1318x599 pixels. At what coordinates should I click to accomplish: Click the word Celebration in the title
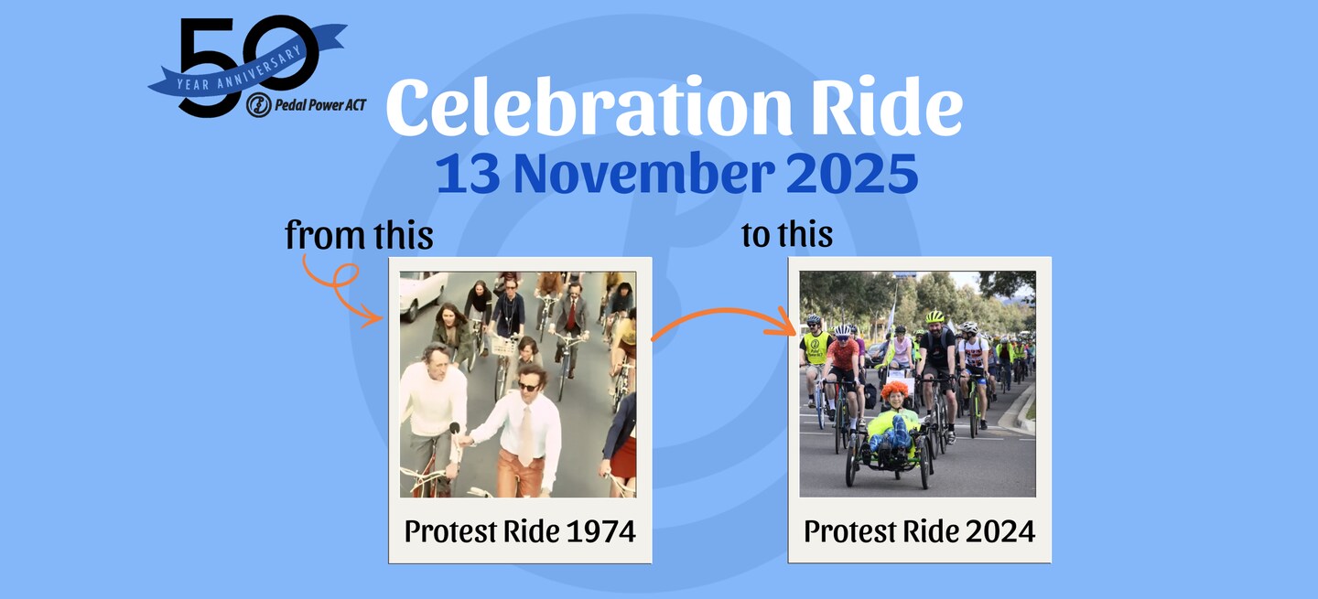(x=589, y=106)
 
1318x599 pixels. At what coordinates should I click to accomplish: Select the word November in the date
(x=644, y=174)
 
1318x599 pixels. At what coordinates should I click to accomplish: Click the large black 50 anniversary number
(x=247, y=66)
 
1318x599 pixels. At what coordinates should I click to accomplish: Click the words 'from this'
(x=359, y=235)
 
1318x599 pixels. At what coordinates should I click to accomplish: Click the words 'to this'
(x=787, y=234)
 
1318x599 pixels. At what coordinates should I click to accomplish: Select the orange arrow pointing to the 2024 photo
(x=724, y=312)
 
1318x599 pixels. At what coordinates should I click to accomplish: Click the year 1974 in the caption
(x=600, y=531)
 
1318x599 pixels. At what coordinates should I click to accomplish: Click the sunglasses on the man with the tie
(x=528, y=386)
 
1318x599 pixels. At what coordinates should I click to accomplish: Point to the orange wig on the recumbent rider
(x=895, y=390)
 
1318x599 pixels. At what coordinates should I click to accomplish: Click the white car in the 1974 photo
(x=422, y=292)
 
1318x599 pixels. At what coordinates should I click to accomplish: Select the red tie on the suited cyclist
(x=571, y=316)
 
